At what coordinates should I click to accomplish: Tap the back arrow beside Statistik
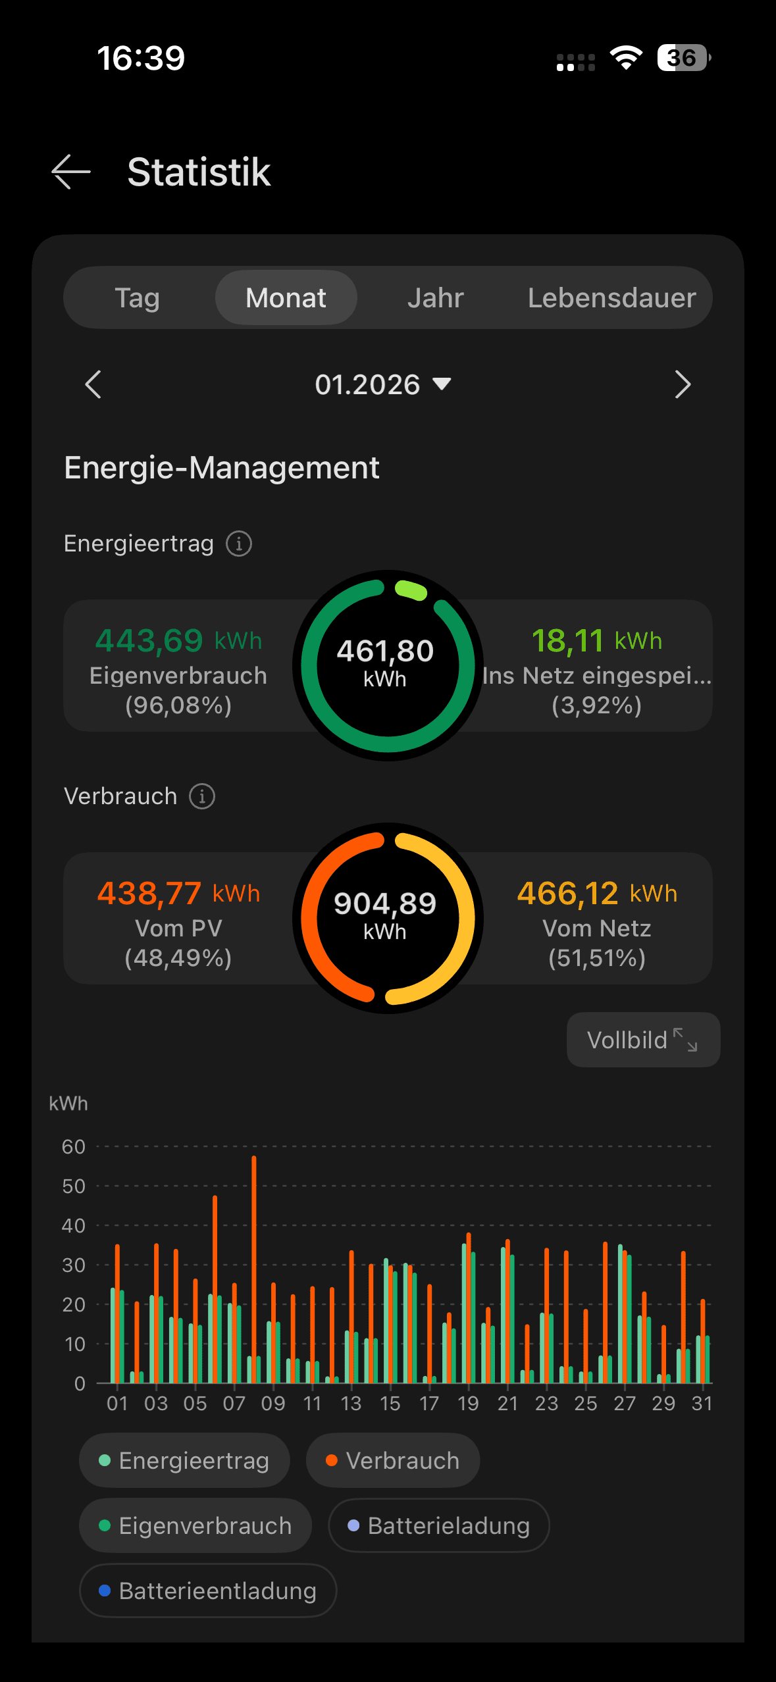[x=71, y=172]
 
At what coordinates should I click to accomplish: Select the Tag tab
[x=138, y=298]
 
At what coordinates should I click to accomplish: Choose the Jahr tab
[x=435, y=298]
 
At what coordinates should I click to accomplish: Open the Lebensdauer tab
[x=611, y=298]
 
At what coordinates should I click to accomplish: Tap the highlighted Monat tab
[x=286, y=298]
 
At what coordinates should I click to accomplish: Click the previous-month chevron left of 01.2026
[x=93, y=384]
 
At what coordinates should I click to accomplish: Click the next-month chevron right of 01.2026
[x=683, y=384]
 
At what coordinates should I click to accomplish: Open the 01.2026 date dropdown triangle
[x=442, y=384]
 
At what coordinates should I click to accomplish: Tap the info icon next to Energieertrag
[x=239, y=544]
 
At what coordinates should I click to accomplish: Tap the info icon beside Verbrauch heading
[x=202, y=796]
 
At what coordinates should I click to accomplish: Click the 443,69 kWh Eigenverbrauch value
[x=178, y=640]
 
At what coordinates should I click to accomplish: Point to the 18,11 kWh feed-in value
[x=596, y=640]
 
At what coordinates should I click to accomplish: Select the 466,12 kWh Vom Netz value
[x=596, y=893]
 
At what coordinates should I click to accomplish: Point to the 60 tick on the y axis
[x=74, y=1147]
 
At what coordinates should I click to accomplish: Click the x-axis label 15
[x=390, y=1404]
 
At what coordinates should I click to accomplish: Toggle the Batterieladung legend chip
[x=438, y=1525]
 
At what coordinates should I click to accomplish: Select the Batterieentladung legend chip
[x=208, y=1591]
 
